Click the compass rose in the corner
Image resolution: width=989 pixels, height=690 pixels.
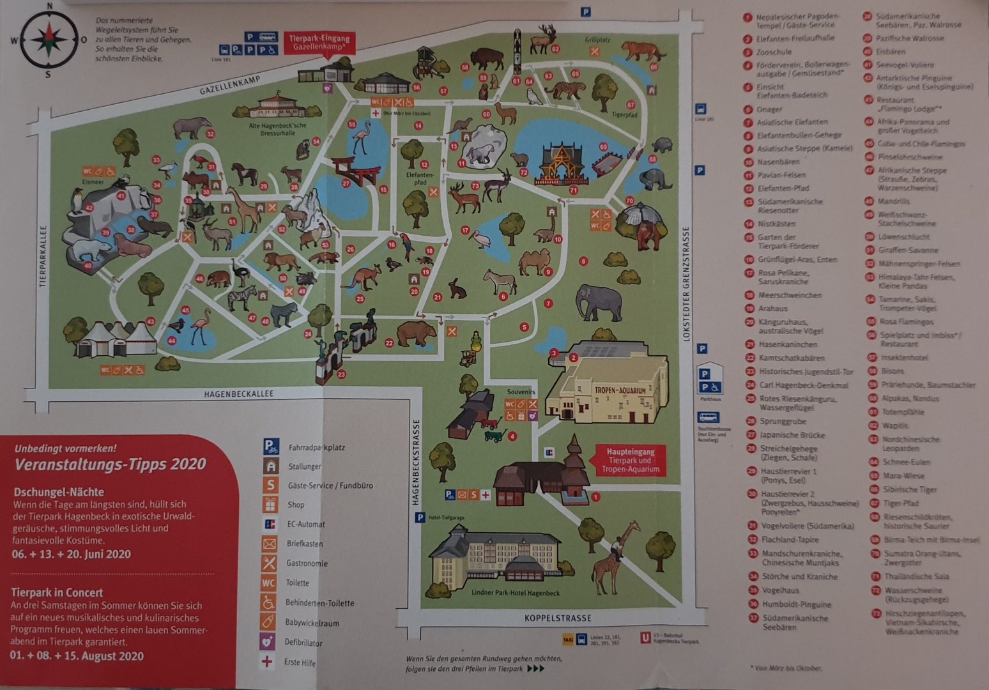[49, 40]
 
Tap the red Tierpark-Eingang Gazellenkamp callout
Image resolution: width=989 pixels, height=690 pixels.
[319, 43]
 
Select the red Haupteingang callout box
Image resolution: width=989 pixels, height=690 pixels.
[630, 460]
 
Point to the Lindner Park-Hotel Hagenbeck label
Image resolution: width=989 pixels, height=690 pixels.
[515, 593]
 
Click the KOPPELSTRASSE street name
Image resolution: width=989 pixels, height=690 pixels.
[558, 618]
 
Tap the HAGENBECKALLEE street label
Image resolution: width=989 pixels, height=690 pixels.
[239, 394]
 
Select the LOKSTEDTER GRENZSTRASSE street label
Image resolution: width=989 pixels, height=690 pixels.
[687, 284]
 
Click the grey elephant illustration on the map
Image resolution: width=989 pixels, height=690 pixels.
[598, 302]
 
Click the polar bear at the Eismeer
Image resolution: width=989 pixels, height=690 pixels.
[88, 249]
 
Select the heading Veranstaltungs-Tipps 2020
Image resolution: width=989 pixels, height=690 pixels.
[110, 464]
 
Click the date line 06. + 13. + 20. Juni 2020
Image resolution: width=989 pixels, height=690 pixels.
[71, 554]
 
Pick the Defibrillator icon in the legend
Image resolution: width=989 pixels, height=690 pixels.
[268, 641]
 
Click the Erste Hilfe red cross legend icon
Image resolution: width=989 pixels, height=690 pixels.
[268, 661]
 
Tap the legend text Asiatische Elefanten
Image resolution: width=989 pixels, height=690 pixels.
[792, 122]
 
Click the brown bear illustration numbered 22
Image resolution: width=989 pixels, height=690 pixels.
[416, 333]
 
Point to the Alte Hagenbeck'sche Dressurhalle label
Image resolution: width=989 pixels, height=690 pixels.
[277, 130]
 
